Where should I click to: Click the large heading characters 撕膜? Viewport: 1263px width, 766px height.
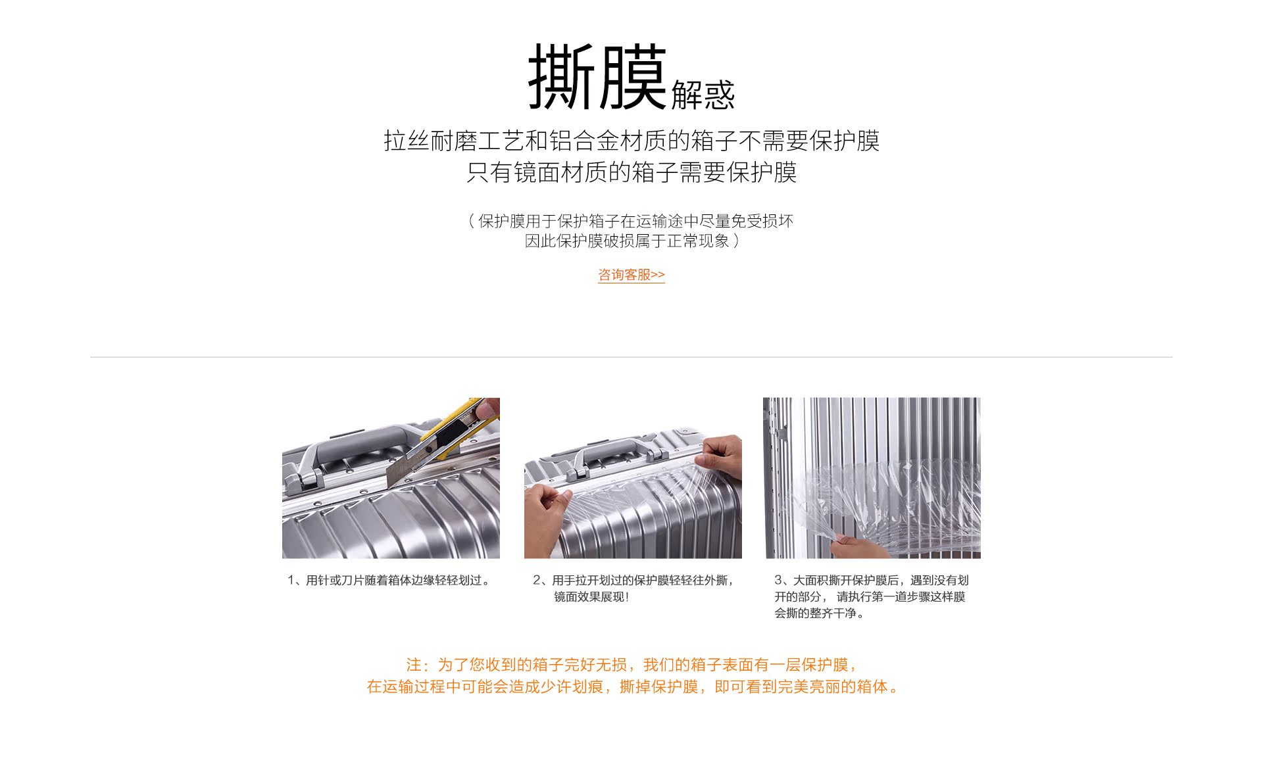597,76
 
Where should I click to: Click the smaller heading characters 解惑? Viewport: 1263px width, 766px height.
703,95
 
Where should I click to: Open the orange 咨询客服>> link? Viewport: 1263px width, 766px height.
631,275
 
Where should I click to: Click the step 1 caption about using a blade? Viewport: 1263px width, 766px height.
389,580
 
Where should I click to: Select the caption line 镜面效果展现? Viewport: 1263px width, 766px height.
591,597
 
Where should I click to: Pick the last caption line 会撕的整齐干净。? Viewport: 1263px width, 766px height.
820,613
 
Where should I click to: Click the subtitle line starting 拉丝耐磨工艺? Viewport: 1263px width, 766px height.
631,141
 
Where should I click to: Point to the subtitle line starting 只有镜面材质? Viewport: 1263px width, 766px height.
631,172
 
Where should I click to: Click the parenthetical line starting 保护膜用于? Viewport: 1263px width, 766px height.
631,221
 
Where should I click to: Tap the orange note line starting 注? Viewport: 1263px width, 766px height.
631,665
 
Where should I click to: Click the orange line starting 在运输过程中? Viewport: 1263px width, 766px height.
631,687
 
